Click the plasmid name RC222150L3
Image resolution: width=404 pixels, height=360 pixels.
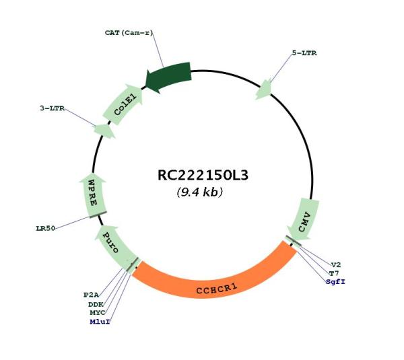coord(203,175)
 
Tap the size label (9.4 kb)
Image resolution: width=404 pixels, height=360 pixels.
coord(200,192)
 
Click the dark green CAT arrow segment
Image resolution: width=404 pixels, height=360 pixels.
coord(168,77)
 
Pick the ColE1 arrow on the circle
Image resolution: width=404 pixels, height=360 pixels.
coord(123,104)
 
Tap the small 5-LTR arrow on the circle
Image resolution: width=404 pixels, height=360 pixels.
coord(263,89)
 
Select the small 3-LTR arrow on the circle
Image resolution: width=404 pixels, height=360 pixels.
coord(104,131)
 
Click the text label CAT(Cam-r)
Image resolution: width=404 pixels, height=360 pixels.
coord(129,33)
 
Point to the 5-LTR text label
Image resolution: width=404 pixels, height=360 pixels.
coord(304,53)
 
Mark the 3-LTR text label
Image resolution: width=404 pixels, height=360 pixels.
coord(53,108)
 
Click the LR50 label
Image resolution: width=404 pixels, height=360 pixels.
coord(46,228)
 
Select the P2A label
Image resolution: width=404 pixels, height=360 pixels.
coord(91,295)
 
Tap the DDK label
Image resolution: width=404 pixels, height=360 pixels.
coord(96,304)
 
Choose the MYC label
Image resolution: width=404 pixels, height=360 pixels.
coord(98,313)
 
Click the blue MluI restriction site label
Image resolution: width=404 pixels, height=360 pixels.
coord(100,322)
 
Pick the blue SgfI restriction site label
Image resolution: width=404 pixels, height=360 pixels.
coord(335,281)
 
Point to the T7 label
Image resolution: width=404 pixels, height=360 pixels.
coord(334,273)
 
